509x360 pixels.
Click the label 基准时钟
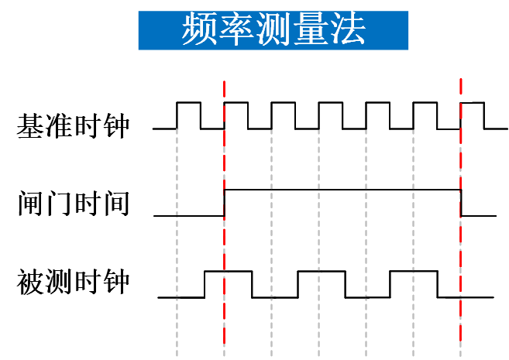(73, 125)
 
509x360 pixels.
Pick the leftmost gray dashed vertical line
(177, 232)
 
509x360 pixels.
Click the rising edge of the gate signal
(225, 202)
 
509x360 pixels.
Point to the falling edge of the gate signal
(462, 202)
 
